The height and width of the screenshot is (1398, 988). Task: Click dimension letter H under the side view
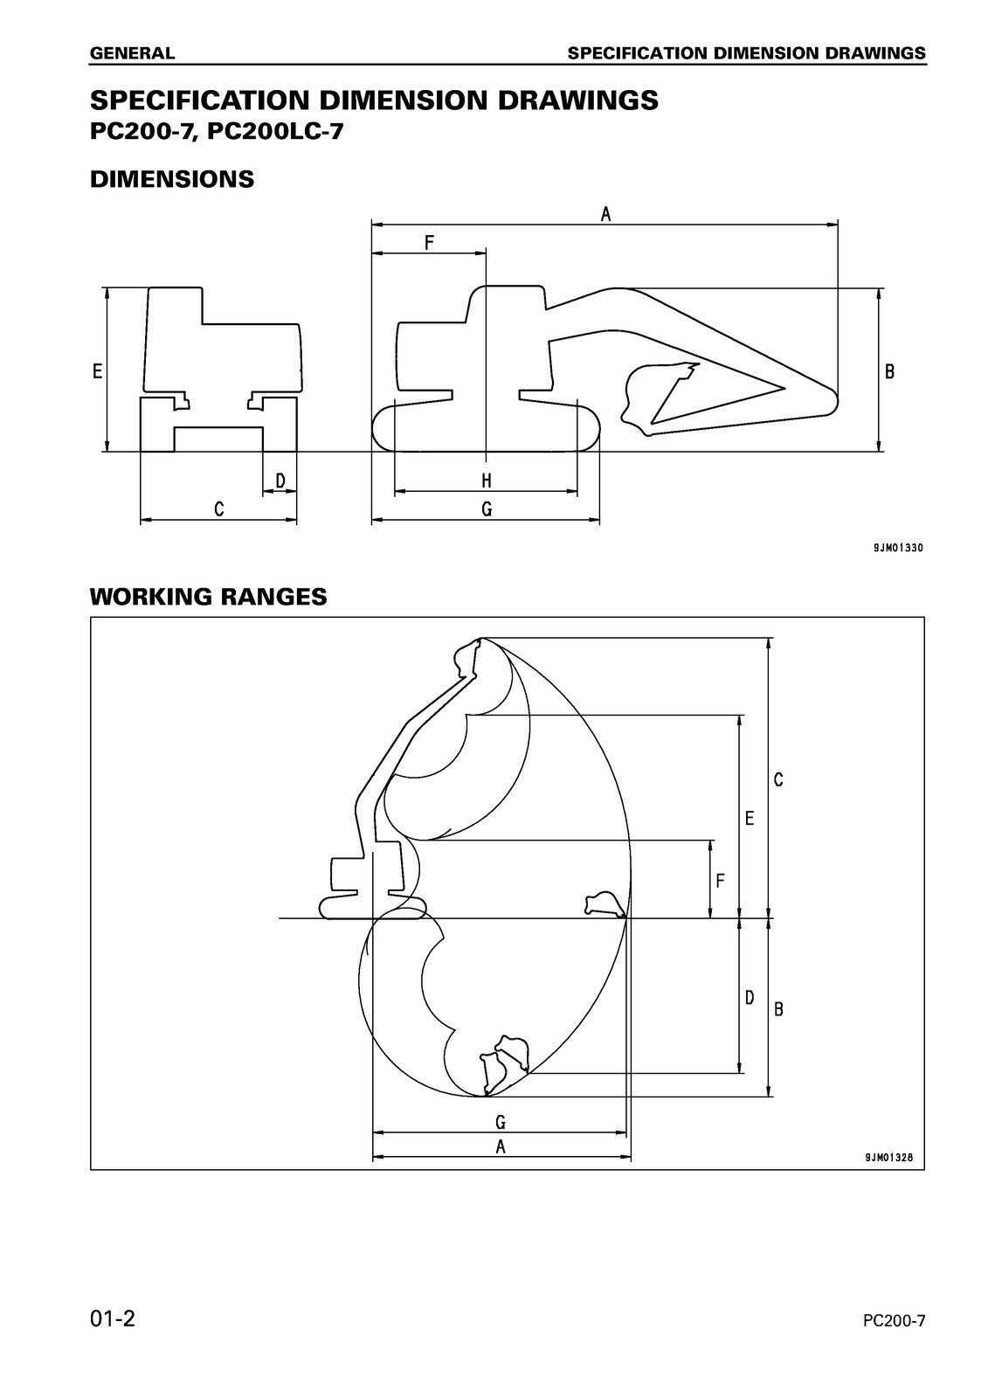pos(487,481)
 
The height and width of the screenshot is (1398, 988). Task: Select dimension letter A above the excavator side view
pos(605,212)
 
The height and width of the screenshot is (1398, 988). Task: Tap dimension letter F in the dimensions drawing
pos(429,242)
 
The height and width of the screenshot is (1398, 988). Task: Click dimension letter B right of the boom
pos(890,371)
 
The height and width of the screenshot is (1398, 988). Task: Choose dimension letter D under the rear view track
pos(280,481)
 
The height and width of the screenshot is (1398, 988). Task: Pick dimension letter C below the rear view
pos(219,509)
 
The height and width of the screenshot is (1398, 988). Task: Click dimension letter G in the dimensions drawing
pos(487,509)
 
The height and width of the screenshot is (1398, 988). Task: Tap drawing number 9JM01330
pos(897,548)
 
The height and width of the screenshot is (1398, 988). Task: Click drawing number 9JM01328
pos(888,1158)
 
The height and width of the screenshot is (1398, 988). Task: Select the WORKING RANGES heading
pos(208,597)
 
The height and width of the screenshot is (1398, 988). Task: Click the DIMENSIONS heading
pos(172,179)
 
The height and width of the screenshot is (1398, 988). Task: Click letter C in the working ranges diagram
pos(778,779)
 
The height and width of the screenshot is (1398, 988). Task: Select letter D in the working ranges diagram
pos(750,997)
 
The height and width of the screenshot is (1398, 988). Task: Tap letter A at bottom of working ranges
pos(501,1147)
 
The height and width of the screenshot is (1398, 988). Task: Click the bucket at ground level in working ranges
pos(604,904)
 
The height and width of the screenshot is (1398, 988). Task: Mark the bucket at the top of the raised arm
pos(468,657)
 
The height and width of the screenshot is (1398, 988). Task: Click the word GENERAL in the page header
pos(132,53)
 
